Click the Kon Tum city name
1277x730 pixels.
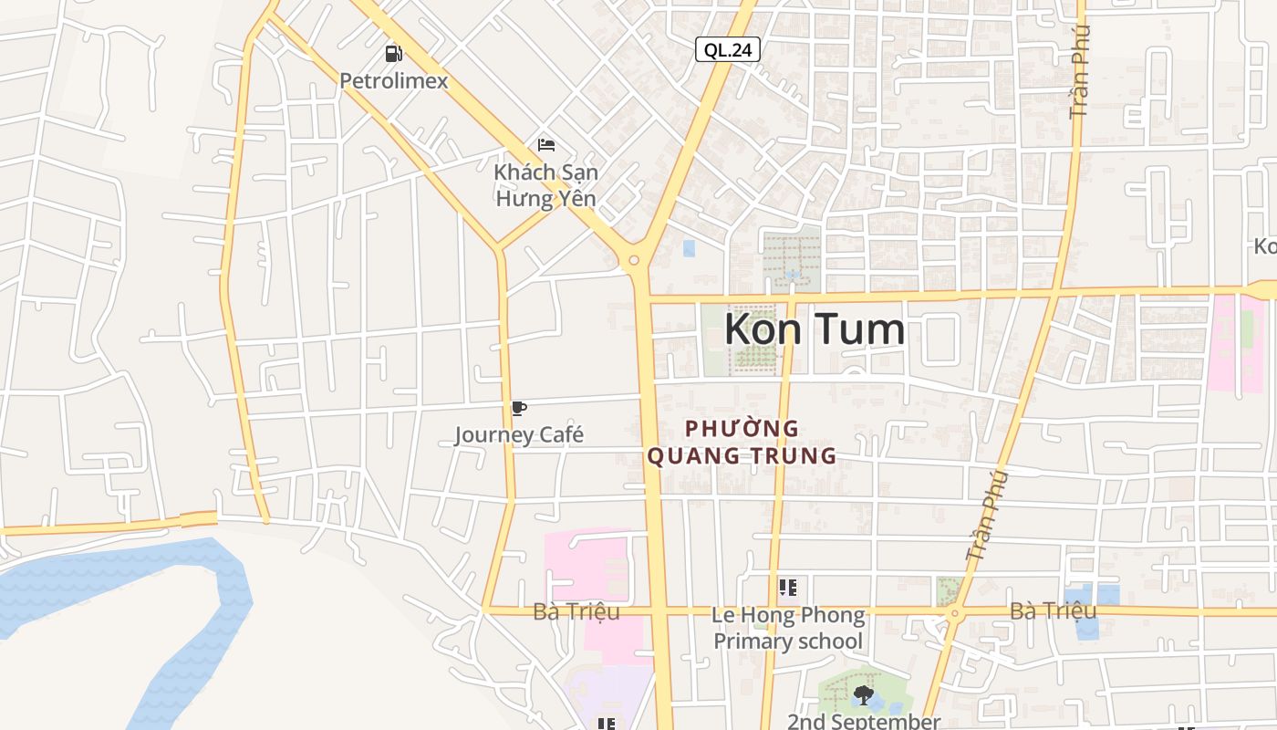coord(815,329)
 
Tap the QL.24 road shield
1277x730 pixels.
coord(728,49)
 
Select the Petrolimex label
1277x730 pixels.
coord(394,81)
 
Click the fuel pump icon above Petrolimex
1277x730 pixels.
coord(393,54)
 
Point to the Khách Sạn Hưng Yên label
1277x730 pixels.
coord(545,185)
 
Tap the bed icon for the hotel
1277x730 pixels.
coord(546,145)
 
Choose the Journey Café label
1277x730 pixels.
coord(519,434)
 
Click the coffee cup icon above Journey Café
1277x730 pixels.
coord(519,408)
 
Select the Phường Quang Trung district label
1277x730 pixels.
coord(742,442)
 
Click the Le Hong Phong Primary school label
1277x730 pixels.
coord(788,628)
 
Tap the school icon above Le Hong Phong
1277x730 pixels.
coord(788,588)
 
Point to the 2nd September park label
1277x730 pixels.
coord(863,721)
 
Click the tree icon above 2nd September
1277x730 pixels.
coord(863,695)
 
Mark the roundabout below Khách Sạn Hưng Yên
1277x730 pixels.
coord(634,261)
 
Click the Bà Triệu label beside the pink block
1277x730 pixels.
coord(576,611)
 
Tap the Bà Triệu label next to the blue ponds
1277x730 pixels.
coord(1053,610)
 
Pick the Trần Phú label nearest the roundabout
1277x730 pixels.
coord(987,516)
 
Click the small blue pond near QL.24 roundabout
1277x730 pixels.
coord(689,248)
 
